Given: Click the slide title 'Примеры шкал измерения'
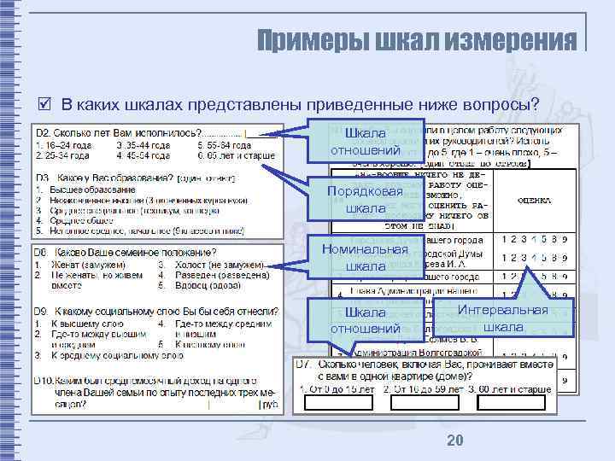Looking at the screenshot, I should (x=417, y=40).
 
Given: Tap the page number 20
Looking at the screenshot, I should (x=454, y=439).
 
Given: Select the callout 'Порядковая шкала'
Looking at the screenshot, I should (x=365, y=200).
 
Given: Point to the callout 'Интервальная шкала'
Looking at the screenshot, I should (x=502, y=318).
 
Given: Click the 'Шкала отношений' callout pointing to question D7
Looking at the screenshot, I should (x=365, y=320).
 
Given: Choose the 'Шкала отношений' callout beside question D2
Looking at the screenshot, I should (x=365, y=143).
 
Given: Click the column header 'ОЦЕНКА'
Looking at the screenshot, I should (x=539, y=201).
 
